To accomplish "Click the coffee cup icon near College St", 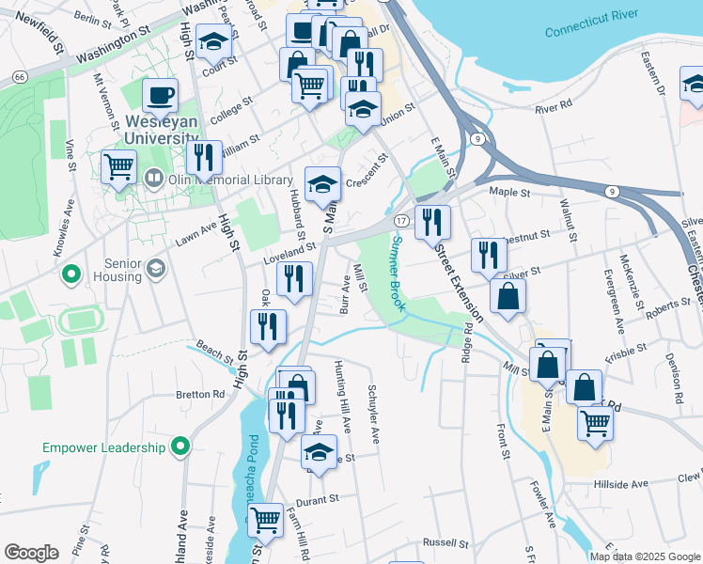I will coord(160,94).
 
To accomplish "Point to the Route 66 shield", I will coord(20,74).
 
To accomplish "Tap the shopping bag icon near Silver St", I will coord(507,296).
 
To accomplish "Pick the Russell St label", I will coord(445,542).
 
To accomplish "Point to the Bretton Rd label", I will coord(199,395).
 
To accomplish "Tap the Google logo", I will coord(31,553).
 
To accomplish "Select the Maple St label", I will coord(510,192).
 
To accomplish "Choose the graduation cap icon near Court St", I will coord(215,40).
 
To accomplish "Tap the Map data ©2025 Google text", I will coord(644,556).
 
